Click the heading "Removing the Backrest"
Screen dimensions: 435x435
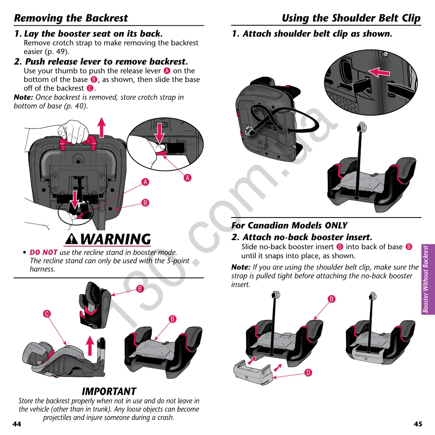(71, 18)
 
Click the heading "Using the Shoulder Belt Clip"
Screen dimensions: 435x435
(351, 18)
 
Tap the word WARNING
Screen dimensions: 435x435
(116, 239)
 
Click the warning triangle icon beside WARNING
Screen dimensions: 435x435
(72, 239)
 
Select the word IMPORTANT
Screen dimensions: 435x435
(109, 391)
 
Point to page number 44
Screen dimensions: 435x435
(17, 424)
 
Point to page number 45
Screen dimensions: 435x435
(418, 424)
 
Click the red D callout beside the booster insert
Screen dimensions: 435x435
(309, 373)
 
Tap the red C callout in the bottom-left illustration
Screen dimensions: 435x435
(47, 314)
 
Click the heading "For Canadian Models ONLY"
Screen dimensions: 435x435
(289, 225)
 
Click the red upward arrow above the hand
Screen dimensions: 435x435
(101, 127)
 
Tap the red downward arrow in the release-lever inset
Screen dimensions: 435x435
(160, 133)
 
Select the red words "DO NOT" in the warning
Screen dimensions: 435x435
(43, 252)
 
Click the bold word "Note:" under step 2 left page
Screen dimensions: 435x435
(23, 97)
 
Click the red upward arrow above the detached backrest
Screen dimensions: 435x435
(89, 346)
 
